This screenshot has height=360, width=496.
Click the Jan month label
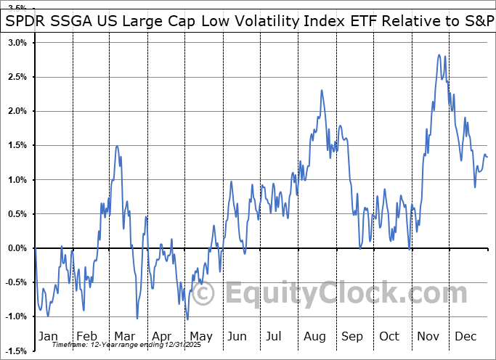click(47, 337)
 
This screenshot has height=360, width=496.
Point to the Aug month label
click(314, 337)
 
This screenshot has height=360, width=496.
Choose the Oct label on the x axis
click(389, 337)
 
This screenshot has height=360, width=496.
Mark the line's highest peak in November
click(439, 54)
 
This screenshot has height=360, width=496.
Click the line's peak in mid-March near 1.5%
click(117, 146)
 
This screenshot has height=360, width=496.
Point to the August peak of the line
click(321, 89)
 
